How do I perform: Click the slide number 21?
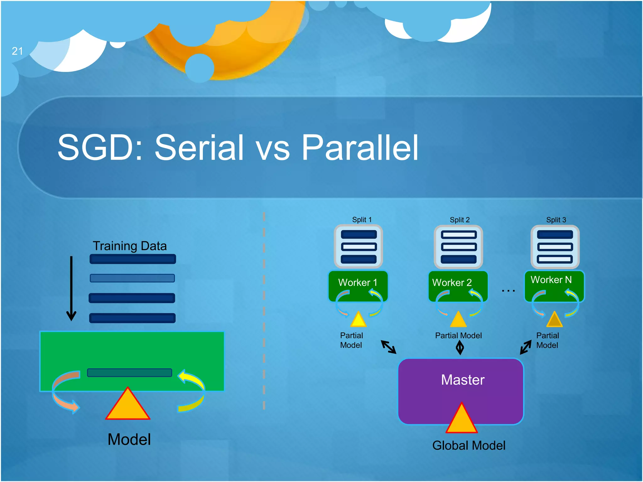[x=17, y=51]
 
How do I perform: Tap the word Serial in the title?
[x=199, y=147]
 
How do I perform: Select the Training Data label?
[x=130, y=246]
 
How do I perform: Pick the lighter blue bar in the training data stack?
[x=132, y=278]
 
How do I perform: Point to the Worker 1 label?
[x=358, y=282]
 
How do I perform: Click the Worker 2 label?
[x=452, y=282]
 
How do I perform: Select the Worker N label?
[x=551, y=280]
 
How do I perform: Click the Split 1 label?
[x=362, y=220]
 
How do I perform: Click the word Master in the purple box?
[x=462, y=380]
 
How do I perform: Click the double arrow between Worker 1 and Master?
[x=389, y=347]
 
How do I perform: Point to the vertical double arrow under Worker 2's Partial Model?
[x=460, y=348]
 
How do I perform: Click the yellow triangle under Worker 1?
[x=358, y=320]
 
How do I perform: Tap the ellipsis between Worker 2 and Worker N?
[x=508, y=291]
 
